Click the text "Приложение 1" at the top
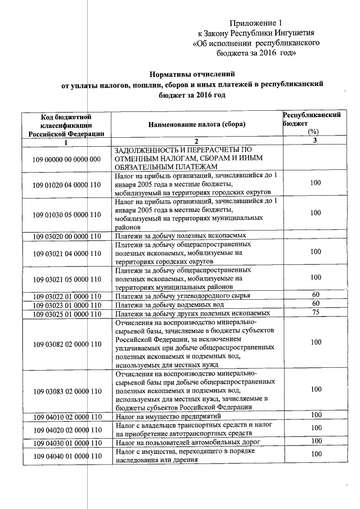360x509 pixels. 255,23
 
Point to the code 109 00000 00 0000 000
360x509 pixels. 66,159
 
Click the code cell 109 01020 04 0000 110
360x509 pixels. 66,185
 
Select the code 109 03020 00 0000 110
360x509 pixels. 66,236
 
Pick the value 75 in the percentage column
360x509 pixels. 316,313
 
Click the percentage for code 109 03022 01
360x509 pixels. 316,295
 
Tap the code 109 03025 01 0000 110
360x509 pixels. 66,313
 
